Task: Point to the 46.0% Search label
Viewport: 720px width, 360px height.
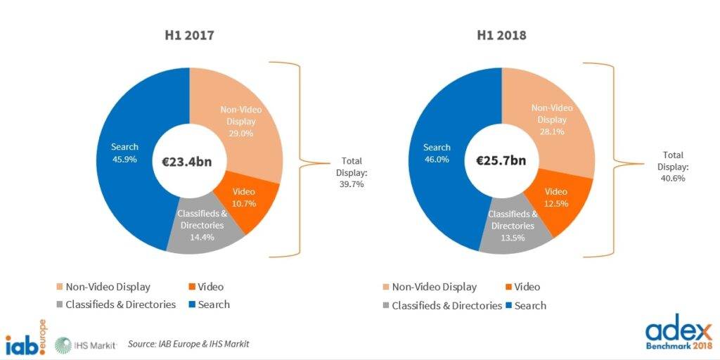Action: [x=437, y=153]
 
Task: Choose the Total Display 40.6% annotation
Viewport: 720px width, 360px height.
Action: [x=673, y=166]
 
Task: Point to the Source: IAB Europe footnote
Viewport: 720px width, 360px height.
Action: [x=188, y=344]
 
